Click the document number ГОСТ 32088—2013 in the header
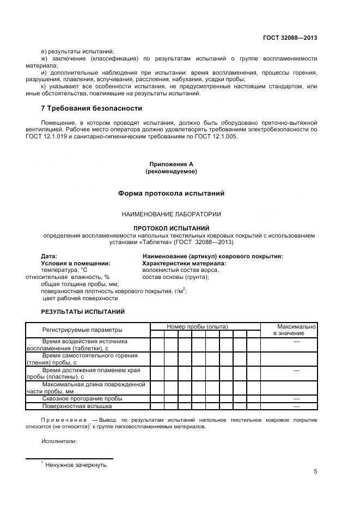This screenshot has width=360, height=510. click(290, 38)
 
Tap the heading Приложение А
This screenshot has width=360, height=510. click(171, 164)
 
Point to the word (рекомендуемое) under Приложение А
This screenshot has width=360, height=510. click(171, 171)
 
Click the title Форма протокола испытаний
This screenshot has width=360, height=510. click(171, 193)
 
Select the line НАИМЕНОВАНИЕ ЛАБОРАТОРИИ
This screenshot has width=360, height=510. click(171, 214)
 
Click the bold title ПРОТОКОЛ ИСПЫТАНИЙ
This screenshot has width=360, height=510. click(171, 228)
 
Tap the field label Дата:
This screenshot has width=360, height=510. click(49, 256)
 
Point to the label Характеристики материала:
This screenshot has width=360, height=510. click(184, 263)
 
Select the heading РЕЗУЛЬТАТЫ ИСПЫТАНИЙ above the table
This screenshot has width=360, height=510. click(83, 312)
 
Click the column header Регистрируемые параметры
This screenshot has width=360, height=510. click(82, 330)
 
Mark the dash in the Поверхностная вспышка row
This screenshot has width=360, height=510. click(297, 406)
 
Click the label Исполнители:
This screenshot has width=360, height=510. click(59, 441)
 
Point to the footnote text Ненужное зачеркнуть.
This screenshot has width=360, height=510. click(77, 465)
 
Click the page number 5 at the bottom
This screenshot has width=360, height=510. click(315, 472)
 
